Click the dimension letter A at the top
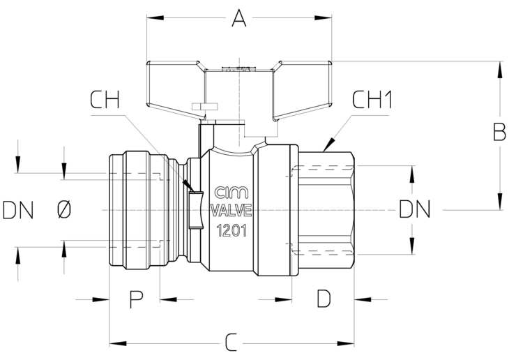point(239,18)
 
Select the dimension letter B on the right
point(499,132)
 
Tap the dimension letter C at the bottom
point(231,343)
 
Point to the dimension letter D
point(324,299)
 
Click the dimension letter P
point(137,299)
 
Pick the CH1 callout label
point(372,100)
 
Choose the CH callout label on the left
point(105,100)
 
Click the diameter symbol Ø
point(64,210)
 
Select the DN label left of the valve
point(18,210)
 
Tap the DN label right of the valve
point(415,209)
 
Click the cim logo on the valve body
point(231,193)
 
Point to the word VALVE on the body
point(231,211)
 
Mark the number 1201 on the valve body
point(231,231)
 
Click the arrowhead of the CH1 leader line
point(328,145)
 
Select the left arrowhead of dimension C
point(118,343)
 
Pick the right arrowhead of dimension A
point(323,18)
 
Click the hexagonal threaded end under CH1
point(326,210)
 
